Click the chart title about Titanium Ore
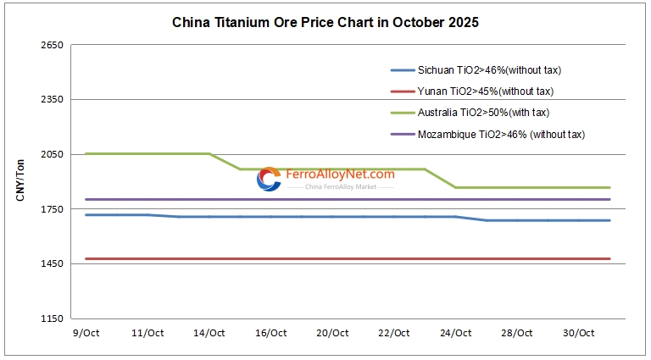pos(325,23)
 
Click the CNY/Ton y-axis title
pos(20,180)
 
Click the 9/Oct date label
pos(86,333)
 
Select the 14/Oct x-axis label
pos(209,333)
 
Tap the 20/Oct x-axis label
pos(333,333)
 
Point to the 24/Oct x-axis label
pos(456,333)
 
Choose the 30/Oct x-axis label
pos(580,333)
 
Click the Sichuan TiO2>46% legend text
pos(489,69)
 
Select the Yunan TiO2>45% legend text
pos(486,91)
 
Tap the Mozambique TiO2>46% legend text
pos(501,134)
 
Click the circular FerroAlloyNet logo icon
pos(270,179)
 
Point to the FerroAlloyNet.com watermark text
pos(341,174)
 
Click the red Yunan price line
pos(339,258)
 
